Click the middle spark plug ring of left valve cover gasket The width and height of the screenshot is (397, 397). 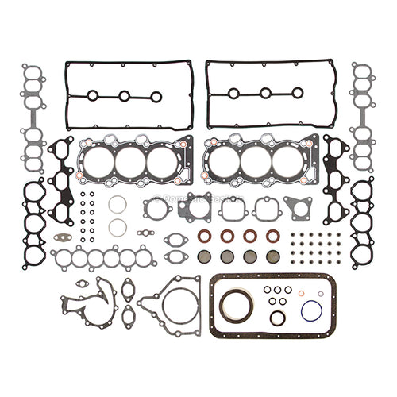tap(124, 96)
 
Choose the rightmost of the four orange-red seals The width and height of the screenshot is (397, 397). tap(273, 236)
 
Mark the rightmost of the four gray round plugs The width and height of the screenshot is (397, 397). tap(273, 256)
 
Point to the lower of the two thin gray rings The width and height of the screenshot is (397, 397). tap(118, 228)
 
